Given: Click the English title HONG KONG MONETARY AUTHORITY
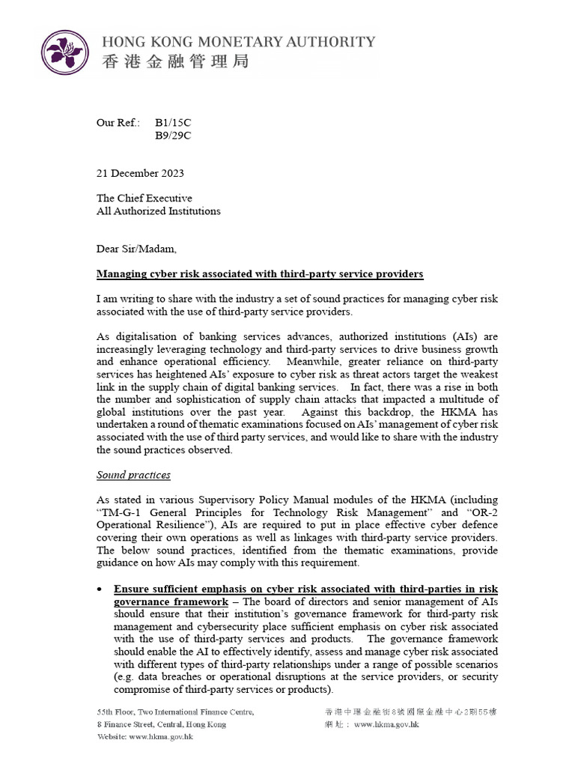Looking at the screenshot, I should tap(238, 42).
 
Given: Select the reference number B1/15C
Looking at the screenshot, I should tap(173, 122).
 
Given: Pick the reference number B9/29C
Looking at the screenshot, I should tap(173, 135).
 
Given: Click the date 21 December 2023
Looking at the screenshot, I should tap(140, 173).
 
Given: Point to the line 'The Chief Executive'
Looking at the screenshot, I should tap(144, 198).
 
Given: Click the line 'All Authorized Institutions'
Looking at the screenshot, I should tap(158, 211).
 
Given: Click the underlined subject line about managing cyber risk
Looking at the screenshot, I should tap(260, 274).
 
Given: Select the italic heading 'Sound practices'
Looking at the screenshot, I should tap(133, 475).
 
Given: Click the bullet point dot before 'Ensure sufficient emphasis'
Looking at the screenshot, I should tap(100, 590).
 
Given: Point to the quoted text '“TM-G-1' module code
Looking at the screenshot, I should tap(119, 513).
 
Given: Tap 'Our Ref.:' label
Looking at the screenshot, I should tap(118, 122).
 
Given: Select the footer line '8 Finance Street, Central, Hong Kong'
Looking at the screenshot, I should tap(161, 724).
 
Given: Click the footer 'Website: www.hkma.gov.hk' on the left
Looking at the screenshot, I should tap(144, 737).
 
